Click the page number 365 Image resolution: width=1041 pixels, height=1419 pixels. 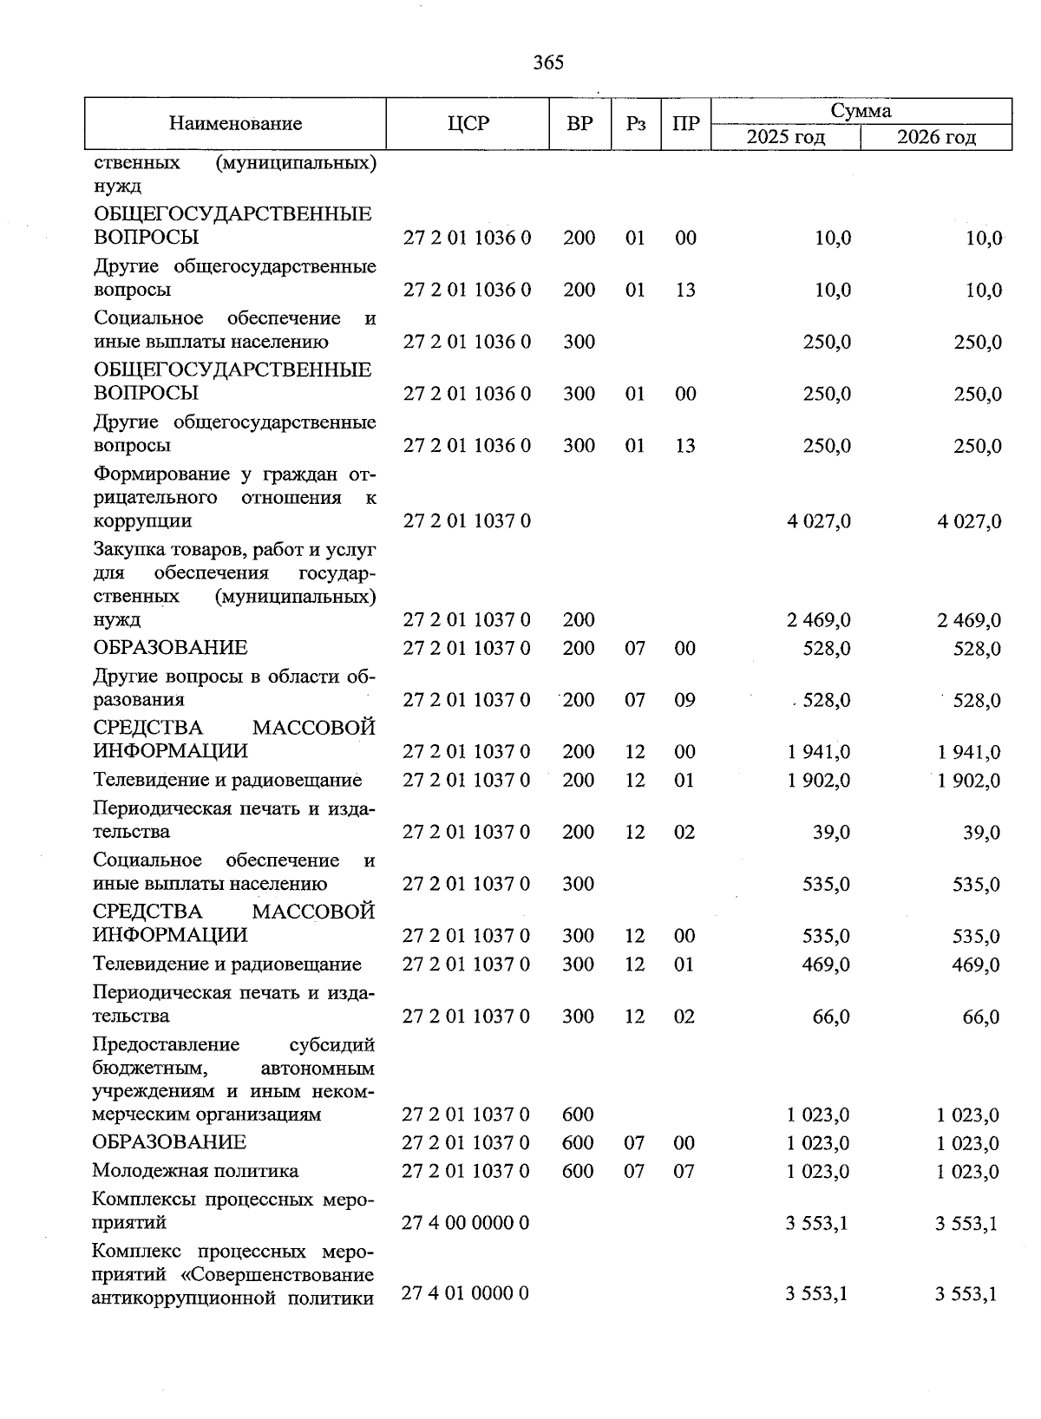(x=548, y=62)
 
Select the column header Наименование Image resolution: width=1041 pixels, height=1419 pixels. (x=235, y=124)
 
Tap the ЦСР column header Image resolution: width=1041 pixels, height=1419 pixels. (x=468, y=124)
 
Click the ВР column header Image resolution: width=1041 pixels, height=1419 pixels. (x=579, y=124)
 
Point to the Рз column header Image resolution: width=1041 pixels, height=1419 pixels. (x=636, y=124)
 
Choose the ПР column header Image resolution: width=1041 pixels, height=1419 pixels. (x=685, y=124)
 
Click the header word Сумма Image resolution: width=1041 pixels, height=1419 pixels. (x=861, y=111)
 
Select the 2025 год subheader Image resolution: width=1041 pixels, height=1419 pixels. (x=786, y=137)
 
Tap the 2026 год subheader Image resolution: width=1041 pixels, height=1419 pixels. (x=936, y=137)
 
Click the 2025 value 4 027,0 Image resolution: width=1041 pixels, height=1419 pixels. (x=819, y=521)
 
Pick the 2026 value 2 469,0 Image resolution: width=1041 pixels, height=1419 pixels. (x=969, y=620)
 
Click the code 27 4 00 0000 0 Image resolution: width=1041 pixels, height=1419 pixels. (x=467, y=1223)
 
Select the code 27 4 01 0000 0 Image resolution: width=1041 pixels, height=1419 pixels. (x=467, y=1293)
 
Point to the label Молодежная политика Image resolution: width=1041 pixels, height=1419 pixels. (x=196, y=1171)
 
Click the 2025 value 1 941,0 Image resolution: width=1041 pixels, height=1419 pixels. (x=819, y=752)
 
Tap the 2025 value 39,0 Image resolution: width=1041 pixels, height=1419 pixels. (x=832, y=833)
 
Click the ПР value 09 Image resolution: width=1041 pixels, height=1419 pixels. (x=685, y=700)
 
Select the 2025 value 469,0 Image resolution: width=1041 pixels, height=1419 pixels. (x=826, y=965)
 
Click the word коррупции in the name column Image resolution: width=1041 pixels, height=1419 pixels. (x=142, y=521)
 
